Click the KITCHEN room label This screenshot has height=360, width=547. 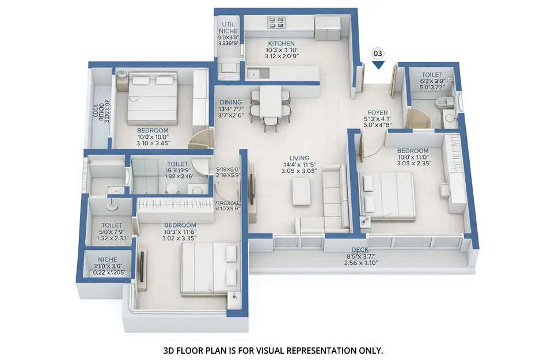pyautogui.click(x=282, y=43)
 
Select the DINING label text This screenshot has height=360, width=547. pyautogui.click(x=231, y=103)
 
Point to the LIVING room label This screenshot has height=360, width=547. pyautogui.click(x=299, y=158)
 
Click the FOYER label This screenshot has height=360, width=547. pyautogui.click(x=378, y=113)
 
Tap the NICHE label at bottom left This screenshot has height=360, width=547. pyautogui.click(x=108, y=259)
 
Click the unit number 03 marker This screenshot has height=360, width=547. pyautogui.click(x=378, y=53)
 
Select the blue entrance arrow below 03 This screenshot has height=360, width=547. pyautogui.click(x=378, y=65)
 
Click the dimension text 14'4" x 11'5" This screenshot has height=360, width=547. pyautogui.click(x=299, y=165)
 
